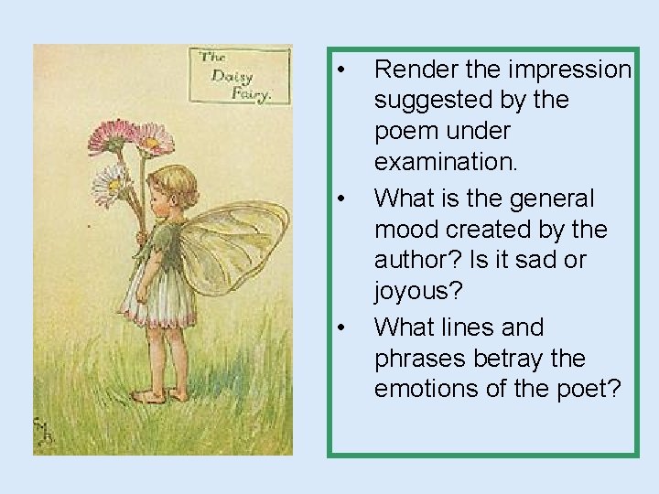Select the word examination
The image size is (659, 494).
coord(448,164)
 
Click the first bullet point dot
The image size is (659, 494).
coord(340,70)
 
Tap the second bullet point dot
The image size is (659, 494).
coord(340,198)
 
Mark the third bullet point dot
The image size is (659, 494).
coord(340,326)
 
